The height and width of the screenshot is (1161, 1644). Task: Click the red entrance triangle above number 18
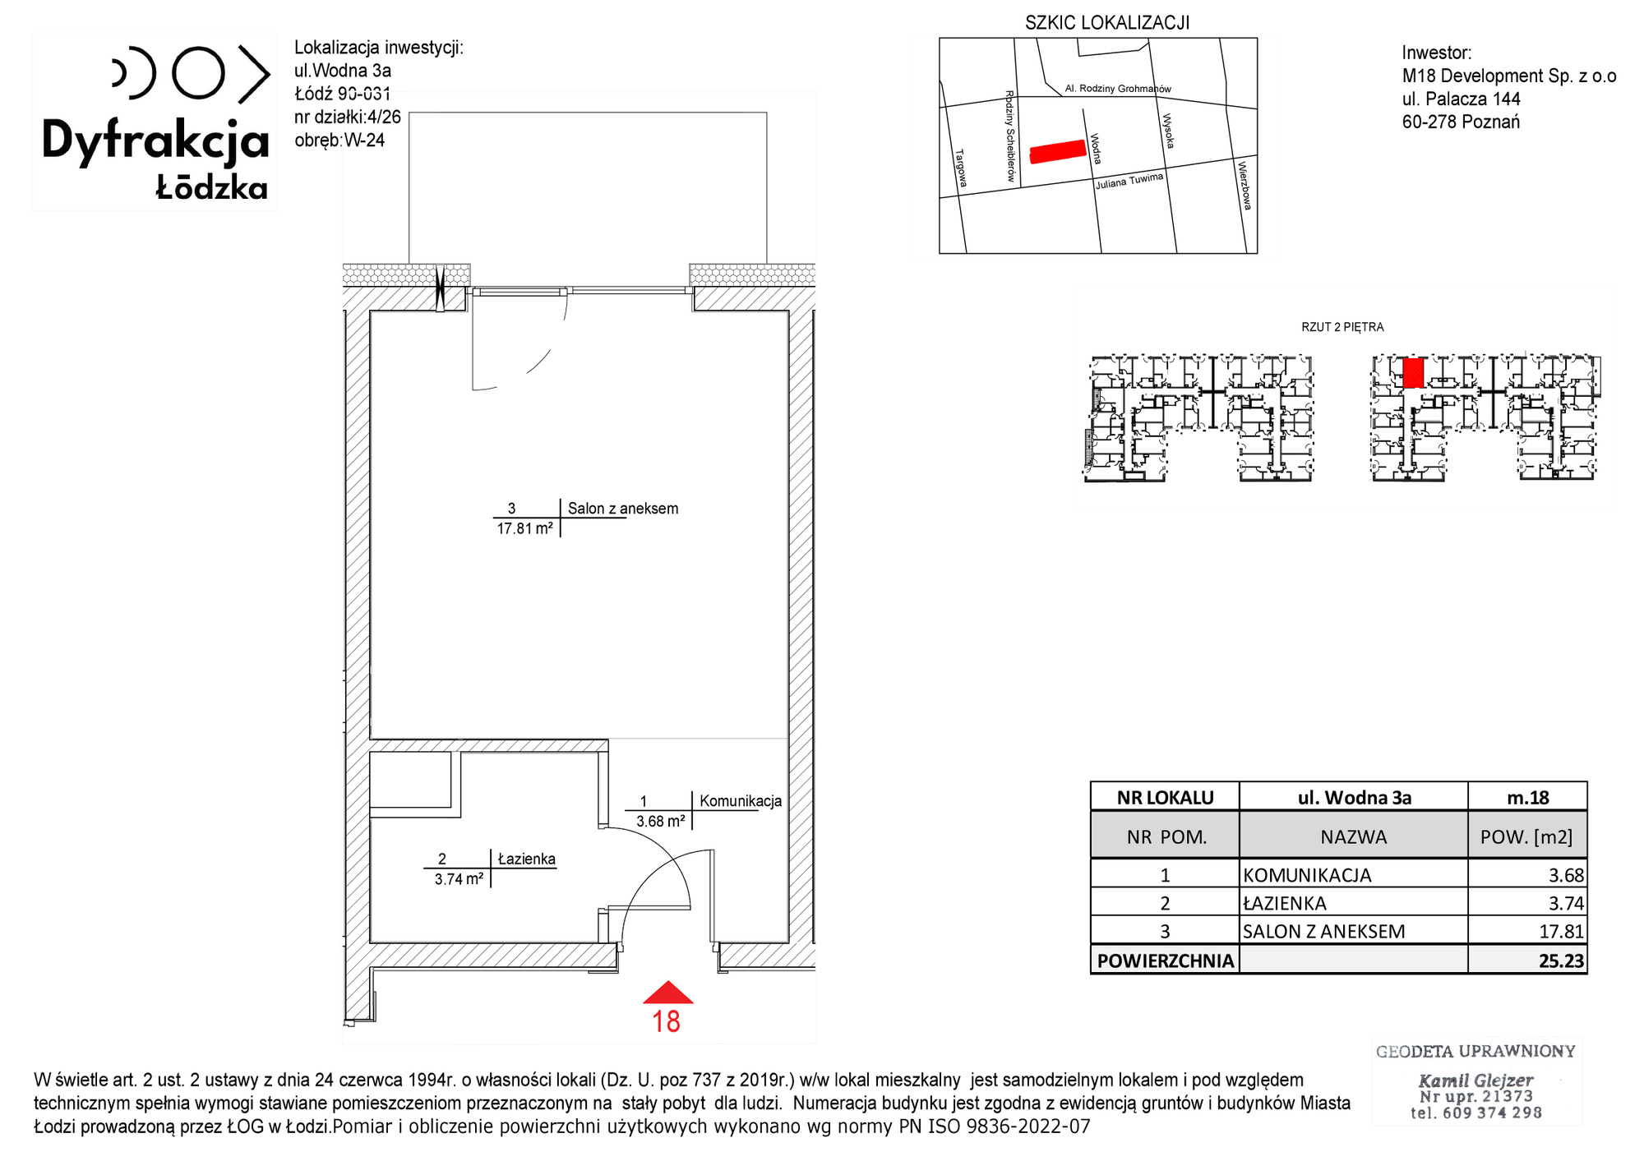[667, 993]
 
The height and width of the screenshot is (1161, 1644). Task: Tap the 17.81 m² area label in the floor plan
[524, 529]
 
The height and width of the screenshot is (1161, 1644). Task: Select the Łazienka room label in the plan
[527, 859]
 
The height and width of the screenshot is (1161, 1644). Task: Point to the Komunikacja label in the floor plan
[741, 801]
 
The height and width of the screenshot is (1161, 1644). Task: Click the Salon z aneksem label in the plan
[623, 509]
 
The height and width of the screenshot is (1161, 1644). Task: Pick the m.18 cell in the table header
[1528, 798]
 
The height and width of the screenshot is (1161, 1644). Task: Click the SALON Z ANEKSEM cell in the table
[1323, 932]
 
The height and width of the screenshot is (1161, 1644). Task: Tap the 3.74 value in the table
[1566, 904]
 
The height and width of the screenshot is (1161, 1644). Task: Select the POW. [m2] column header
[1526, 837]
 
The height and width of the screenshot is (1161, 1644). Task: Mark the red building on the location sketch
[1058, 152]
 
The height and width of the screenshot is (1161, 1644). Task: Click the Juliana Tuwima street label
[1129, 182]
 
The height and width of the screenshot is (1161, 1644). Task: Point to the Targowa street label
[961, 168]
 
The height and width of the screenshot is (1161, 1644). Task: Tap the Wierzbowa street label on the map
[1245, 186]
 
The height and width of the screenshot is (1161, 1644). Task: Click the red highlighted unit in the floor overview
[1413, 373]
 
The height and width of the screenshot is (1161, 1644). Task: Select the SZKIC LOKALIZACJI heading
[1107, 23]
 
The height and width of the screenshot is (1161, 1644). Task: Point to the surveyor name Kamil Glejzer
[1475, 1080]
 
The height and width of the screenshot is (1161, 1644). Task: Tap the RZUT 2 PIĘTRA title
[1342, 327]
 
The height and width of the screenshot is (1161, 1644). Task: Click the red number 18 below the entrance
[666, 1022]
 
